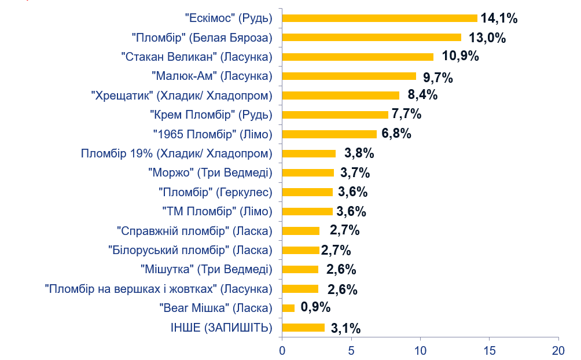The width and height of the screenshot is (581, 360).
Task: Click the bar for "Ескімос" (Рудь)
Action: coord(379,18)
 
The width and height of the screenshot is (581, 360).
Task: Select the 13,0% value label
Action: coord(487,38)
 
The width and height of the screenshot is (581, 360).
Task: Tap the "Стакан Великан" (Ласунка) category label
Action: coord(197,57)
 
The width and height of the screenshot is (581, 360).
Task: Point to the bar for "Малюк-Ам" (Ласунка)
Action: coord(349,76)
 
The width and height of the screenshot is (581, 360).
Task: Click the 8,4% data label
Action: coord(422,95)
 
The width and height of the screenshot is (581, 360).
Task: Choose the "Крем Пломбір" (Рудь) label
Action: coord(211,115)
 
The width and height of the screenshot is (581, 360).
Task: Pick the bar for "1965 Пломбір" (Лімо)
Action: coord(329,134)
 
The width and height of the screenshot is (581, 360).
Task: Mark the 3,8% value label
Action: coord(359,153)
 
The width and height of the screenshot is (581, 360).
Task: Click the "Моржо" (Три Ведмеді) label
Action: coord(210,172)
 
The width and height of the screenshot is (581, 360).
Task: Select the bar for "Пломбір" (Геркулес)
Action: coord(307,192)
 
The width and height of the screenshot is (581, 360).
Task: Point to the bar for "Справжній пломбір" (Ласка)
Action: coord(301,230)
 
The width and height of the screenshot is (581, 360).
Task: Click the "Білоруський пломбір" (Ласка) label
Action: coord(190,250)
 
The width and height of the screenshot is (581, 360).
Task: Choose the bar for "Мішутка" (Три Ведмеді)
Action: coord(300,269)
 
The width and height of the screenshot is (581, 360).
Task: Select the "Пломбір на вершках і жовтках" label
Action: coord(158,288)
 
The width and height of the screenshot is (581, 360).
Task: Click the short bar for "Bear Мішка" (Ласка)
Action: coord(288,308)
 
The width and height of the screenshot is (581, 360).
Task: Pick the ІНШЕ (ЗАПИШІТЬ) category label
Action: coord(221,328)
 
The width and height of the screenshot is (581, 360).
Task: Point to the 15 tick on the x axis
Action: coord(489,350)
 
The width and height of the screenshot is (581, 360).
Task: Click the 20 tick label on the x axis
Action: coord(558,350)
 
